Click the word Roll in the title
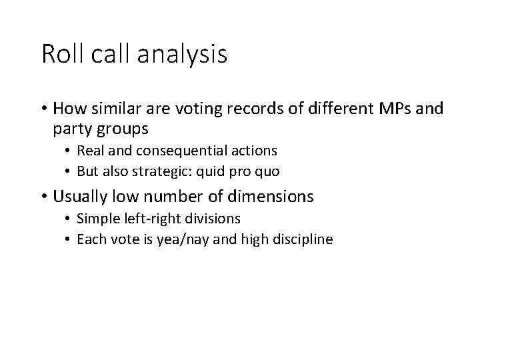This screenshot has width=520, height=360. pos(60,54)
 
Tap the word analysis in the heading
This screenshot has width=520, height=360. pos(181,54)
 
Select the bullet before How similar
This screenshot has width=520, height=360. pos(45,109)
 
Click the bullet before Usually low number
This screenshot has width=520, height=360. pos(45,197)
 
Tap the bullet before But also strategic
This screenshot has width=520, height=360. pos(69,171)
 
